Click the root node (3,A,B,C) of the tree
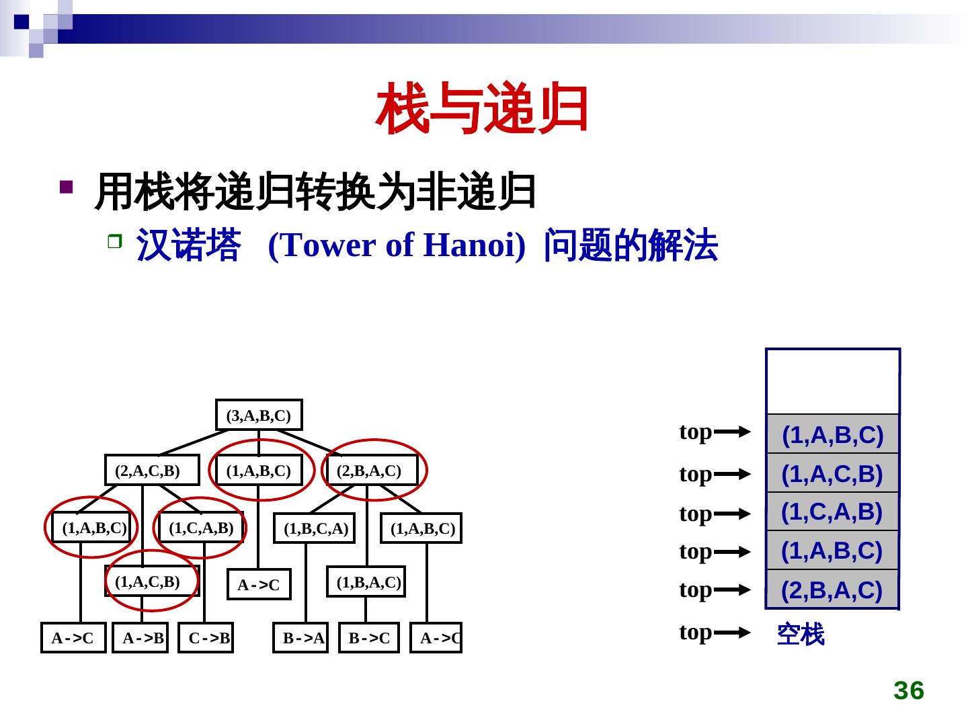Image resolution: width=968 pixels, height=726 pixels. click(x=259, y=415)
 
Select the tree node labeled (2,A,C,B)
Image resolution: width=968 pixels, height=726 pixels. click(x=152, y=471)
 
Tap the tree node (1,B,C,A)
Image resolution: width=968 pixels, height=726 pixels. click(x=314, y=529)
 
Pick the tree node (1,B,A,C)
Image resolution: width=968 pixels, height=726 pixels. click(x=366, y=582)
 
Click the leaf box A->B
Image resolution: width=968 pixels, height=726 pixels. click(x=140, y=638)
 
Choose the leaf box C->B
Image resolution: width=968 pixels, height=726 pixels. click(x=206, y=638)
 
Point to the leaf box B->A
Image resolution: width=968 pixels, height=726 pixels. click(x=300, y=638)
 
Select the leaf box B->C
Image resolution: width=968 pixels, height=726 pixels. click(x=368, y=638)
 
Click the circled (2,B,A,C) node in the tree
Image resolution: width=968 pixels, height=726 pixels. click(x=372, y=471)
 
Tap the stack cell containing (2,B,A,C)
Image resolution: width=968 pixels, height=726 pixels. click(x=832, y=590)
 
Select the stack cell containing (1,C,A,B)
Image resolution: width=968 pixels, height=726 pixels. click(x=832, y=512)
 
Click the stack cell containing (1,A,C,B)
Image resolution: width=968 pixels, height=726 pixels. click(x=832, y=474)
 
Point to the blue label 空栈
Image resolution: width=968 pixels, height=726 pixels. click(x=800, y=634)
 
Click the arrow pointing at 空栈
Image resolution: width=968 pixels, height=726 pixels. click(x=731, y=633)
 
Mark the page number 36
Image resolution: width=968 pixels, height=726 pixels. click(x=909, y=690)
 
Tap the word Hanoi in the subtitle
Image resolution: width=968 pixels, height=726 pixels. click(x=474, y=245)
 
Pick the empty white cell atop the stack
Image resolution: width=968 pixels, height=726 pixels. click(x=832, y=381)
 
